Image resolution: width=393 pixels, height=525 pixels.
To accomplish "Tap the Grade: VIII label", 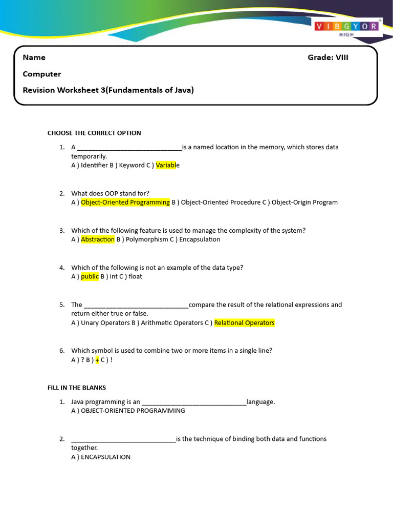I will click(x=327, y=57).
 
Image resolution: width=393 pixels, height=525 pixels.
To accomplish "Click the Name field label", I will click(x=34, y=57).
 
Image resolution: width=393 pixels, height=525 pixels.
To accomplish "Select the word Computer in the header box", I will click(x=41, y=74).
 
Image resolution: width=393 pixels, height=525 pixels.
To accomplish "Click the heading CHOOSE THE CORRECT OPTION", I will click(x=94, y=133).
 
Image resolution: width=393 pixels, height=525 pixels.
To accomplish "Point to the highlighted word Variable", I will click(x=167, y=166).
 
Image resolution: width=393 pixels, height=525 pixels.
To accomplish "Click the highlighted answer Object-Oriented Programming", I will click(x=125, y=203).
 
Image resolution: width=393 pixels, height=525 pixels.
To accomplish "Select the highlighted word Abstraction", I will click(x=98, y=239).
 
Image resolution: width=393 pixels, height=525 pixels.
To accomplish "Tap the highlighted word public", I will click(x=90, y=276).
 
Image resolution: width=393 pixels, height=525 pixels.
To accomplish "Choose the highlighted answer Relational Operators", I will click(x=244, y=323).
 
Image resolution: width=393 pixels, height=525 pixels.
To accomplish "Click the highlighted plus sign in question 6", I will click(x=97, y=360).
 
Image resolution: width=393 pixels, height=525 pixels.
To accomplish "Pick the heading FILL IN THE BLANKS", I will click(x=77, y=388).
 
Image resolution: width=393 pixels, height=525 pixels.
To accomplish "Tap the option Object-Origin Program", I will click(x=304, y=203).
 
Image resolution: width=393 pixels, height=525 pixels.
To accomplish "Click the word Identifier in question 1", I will click(x=94, y=166).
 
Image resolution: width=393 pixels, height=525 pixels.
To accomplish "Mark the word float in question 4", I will click(x=136, y=276).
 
